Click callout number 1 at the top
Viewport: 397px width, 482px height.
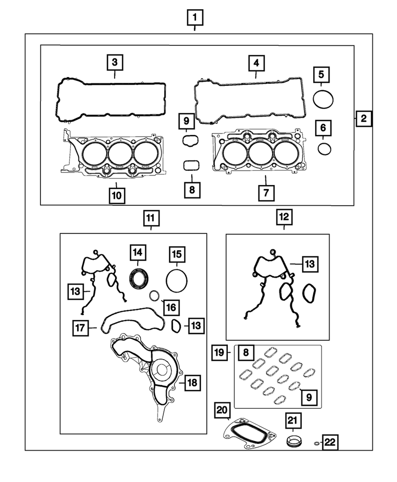pyautogui.click(x=195, y=18)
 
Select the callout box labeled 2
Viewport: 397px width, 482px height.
pyautogui.click(x=364, y=118)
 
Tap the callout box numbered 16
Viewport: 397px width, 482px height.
pyautogui.click(x=171, y=306)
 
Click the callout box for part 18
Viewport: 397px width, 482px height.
pyautogui.click(x=192, y=383)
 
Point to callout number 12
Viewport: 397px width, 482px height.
pyautogui.click(x=284, y=218)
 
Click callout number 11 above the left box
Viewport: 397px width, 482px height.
pyautogui.click(x=150, y=218)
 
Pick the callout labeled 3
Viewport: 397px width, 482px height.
pyautogui.click(x=115, y=62)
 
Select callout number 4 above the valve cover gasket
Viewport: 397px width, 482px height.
pyautogui.click(x=256, y=63)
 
